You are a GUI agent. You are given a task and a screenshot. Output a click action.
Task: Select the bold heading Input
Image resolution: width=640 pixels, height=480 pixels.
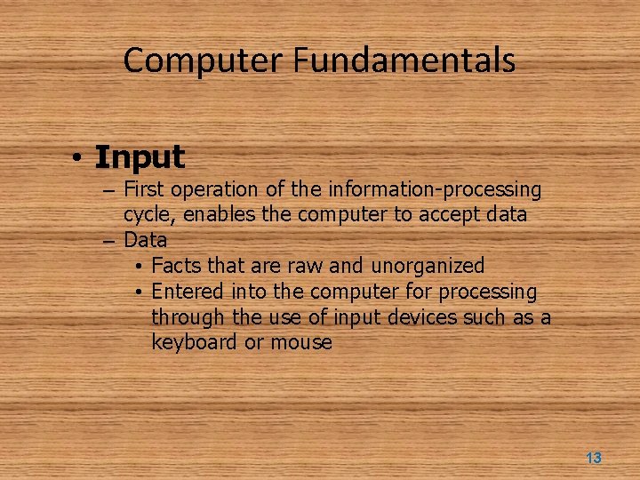(140, 157)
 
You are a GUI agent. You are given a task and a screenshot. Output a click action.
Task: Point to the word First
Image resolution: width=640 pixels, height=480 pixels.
(144, 189)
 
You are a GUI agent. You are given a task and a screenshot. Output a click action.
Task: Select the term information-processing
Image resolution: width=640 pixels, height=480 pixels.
(435, 189)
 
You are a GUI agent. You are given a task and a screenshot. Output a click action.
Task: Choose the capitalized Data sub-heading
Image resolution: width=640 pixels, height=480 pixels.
(145, 240)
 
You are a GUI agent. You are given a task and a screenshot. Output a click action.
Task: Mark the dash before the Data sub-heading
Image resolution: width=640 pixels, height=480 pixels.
(108, 241)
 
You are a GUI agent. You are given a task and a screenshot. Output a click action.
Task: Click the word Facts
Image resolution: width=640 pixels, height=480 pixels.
(175, 266)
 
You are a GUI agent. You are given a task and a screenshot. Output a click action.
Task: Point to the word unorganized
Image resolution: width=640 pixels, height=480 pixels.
(428, 266)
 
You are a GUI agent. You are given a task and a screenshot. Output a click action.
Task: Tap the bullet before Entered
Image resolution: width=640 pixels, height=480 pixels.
(140, 292)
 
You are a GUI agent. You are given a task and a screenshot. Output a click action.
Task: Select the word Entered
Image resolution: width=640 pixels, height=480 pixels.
(188, 292)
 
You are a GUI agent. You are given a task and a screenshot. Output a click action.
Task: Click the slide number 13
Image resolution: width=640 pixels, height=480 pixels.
(594, 459)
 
